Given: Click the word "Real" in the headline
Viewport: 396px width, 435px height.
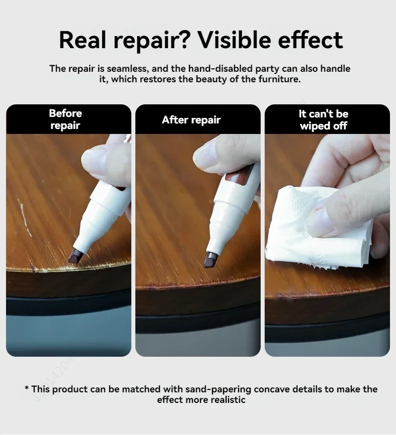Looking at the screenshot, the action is tap(83, 40).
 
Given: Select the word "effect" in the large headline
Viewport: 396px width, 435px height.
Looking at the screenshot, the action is tap(310, 40).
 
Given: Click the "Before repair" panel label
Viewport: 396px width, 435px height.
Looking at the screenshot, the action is tap(65, 119).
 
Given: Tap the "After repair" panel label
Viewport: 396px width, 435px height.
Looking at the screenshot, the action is tap(191, 120).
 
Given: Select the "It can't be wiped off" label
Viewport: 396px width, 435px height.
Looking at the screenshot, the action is tap(323, 120).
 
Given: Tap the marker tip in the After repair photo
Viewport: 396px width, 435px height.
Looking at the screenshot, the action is tap(210, 260).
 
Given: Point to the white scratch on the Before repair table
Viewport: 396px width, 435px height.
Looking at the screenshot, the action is tap(26, 219).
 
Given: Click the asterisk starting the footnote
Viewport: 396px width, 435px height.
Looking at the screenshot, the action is tap(27, 387).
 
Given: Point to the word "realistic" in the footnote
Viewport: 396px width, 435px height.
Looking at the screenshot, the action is tap(228, 400).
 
